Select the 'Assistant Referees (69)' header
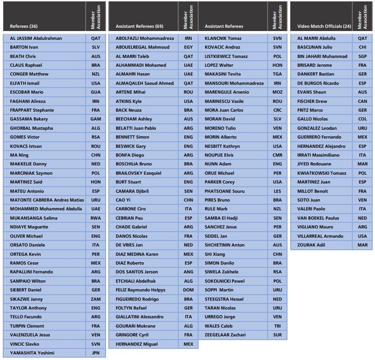(139, 26)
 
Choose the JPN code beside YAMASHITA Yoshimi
(96, 353)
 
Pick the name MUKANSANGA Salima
(34, 218)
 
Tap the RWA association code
(96, 218)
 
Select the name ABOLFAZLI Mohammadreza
(145, 38)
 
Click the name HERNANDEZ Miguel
(137, 344)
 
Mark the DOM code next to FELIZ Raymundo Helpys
(188, 290)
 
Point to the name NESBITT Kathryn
(222, 146)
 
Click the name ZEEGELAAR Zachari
(225, 335)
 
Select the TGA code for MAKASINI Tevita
(277, 74)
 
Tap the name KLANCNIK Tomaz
(223, 38)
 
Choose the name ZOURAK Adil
(312, 245)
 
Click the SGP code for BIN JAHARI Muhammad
(362, 57)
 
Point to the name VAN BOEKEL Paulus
(318, 218)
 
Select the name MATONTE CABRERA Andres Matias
(47, 200)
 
